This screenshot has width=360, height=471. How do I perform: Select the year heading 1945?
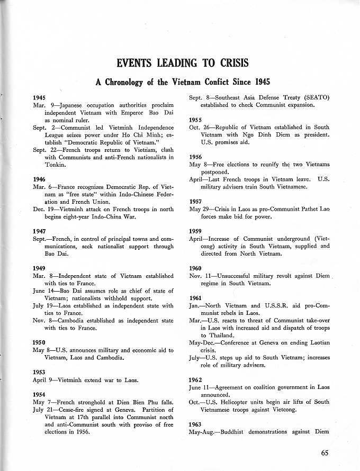pyautogui.click(x=39, y=98)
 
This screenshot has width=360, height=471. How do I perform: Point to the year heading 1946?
pyautogui.click(x=39, y=179)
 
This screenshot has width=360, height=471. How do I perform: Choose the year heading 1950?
pyautogui.click(x=39, y=342)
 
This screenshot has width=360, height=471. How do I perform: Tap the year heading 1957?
pyautogui.click(x=196, y=201)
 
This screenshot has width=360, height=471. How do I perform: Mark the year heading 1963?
pyautogui.click(x=196, y=424)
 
